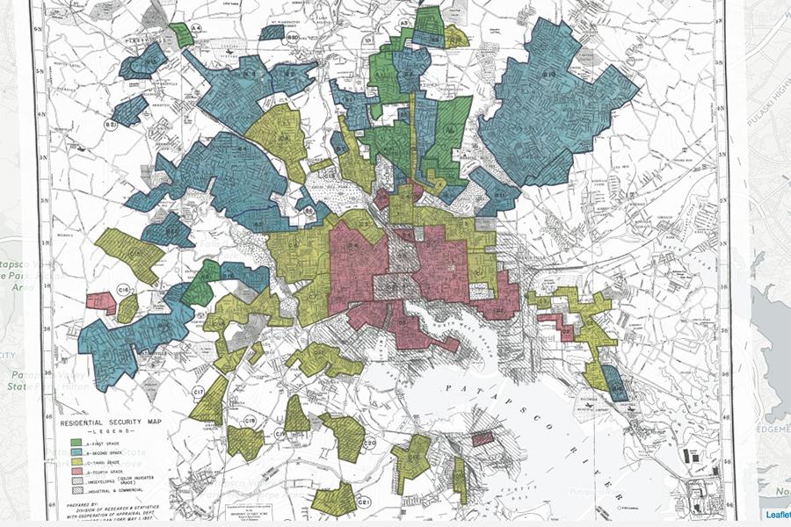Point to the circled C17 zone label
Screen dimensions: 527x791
coord(200,391)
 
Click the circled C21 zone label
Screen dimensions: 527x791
coord(365,501)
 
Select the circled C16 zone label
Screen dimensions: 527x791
coord(124,288)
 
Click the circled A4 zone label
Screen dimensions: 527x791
coord(198,29)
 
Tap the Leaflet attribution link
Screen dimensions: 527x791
coord(777,516)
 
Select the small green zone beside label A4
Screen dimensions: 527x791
coord(182,35)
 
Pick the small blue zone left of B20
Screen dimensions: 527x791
coord(272,32)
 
